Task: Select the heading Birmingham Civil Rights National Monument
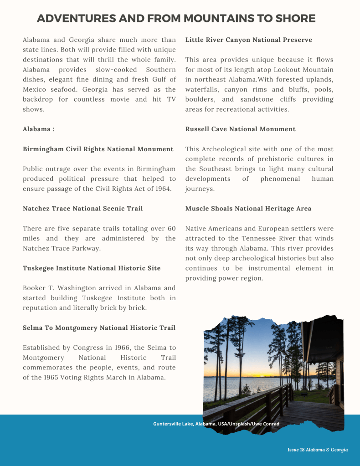coord(98,149)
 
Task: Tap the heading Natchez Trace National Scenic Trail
coord(82,209)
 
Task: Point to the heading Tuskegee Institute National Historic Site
coord(92,268)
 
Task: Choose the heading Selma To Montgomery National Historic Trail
coord(99,328)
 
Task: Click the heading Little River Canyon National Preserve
coord(248,40)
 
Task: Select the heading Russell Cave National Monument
coord(240,129)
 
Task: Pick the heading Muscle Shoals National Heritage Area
coord(248,209)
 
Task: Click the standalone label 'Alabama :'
coord(39,129)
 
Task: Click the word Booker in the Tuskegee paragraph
coord(36,288)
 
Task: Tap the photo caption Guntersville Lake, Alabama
coord(216,424)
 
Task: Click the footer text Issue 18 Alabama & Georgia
coord(317,450)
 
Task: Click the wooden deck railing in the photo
coord(255,401)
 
